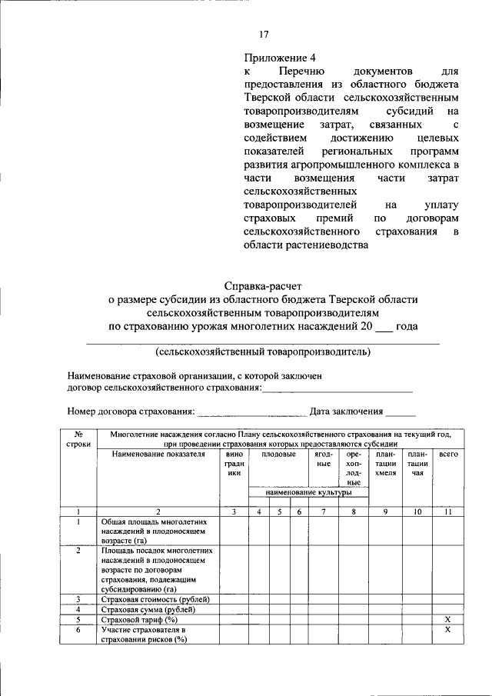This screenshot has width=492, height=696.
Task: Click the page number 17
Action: pyautogui.click(x=264, y=34)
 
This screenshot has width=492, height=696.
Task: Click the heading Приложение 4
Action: pyautogui.click(x=280, y=57)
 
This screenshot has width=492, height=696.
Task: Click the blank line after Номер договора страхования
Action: pyautogui.click(x=251, y=411)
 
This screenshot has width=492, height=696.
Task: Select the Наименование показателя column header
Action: pyautogui.click(x=158, y=455)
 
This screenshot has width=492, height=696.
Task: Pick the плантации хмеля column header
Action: pyautogui.click(x=385, y=464)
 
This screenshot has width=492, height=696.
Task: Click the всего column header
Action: pyautogui.click(x=448, y=455)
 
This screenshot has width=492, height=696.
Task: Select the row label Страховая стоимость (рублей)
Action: pyautogui.click(x=156, y=599)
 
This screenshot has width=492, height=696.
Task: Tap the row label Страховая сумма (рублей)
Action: pyautogui.click(x=148, y=609)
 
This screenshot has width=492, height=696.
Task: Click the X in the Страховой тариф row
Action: pyautogui.click(x=448, y=619)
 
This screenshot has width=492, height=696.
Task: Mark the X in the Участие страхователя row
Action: pyautogui.click(x=448, y=630)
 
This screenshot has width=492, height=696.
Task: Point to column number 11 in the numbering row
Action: pyautogui.click(x=448, y=511)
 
